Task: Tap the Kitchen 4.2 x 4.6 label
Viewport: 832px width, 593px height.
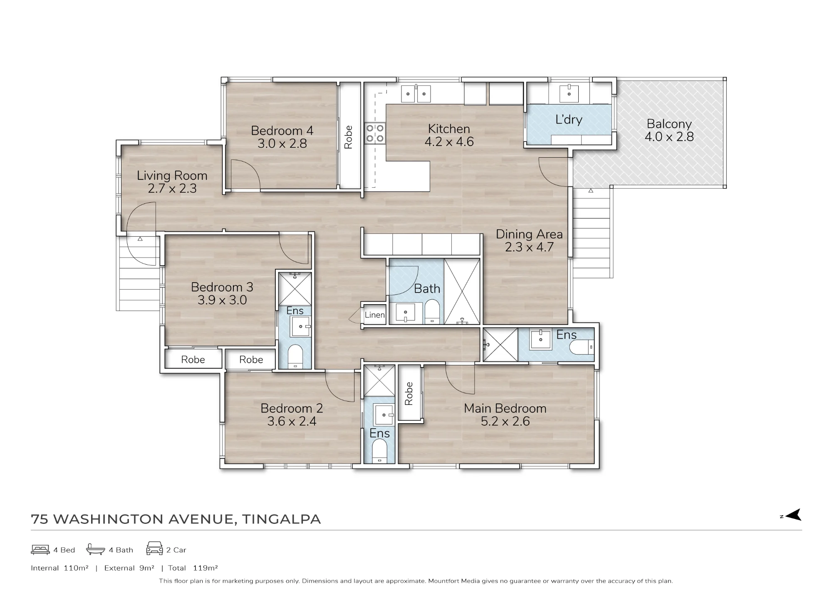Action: pyautogui.click(x=449, y=135)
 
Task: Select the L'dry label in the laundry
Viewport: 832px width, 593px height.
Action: pyautogui.click(x=569, y=119)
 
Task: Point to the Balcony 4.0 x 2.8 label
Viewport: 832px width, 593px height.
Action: pyautogui.click(x=669, y=130)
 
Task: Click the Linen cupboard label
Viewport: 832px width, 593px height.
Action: pyautogui.click(x=375, y=315)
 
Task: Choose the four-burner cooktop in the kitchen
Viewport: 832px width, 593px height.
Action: pyautogui.click(x=375, y=133)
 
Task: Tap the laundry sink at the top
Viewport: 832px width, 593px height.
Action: pyautogui.click(x=569, y=93)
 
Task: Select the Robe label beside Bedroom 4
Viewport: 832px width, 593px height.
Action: pyautogui.click(x=349, y=137)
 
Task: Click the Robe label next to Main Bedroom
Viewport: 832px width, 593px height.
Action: pyautogui.click(x=409, y=394)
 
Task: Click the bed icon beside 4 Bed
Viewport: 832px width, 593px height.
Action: pyautogui.click(x=40, y=550)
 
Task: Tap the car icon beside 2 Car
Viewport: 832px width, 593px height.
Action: pyautogui.click(x=154, y=548)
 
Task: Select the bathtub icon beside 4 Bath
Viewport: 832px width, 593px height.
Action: pyautogui.click(x=95, y=549)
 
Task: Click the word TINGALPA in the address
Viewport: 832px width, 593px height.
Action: pyautogui.click(x=282, y=519)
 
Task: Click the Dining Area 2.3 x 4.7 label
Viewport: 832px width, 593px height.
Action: pyautogui.click(x=529, y=241)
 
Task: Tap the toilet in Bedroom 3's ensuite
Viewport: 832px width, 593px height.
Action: pyautogui.click(x=295, y=356)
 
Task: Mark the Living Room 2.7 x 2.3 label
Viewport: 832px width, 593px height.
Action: pyautogui.click(x=172, y=182)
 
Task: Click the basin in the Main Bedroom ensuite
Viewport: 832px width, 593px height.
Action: pyautogui.click(x=541, y=340)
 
